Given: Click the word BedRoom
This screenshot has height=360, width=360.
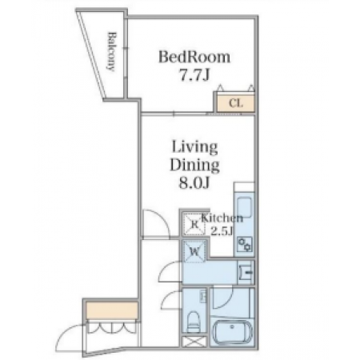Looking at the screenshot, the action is click(x=194, y=57).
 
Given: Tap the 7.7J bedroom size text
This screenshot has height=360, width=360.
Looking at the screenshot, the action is click(x=194, y=76).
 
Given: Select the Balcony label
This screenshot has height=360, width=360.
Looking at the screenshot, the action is click(x=112, y=51).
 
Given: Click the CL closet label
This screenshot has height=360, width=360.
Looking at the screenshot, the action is click(x=236, y=103).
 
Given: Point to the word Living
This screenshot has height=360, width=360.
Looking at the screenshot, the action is click(x=194, y=147).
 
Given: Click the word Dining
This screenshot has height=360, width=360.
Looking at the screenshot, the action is click(x=194, y=165).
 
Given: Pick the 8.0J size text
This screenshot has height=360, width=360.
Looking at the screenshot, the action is click(x=194, y=183).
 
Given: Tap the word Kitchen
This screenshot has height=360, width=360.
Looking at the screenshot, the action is click(x=222, y=218).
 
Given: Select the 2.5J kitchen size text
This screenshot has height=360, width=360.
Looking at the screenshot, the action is click(x=222, y=230).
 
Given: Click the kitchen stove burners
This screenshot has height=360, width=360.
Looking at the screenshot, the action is click(x=245, y=244).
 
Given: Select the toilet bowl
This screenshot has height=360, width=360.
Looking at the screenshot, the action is click(x=193, y=322).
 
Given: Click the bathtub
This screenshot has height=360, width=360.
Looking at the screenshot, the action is click(x=232, y=331).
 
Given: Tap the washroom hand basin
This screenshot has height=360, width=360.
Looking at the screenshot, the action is click(x=246, y=272).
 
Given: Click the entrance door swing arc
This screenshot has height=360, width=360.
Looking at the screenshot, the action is click(x=69, y=334).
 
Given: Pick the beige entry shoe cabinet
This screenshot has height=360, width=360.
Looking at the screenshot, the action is click(x=112, y=310).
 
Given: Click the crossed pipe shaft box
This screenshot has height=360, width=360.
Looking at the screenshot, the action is click(x=194, y=342).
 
